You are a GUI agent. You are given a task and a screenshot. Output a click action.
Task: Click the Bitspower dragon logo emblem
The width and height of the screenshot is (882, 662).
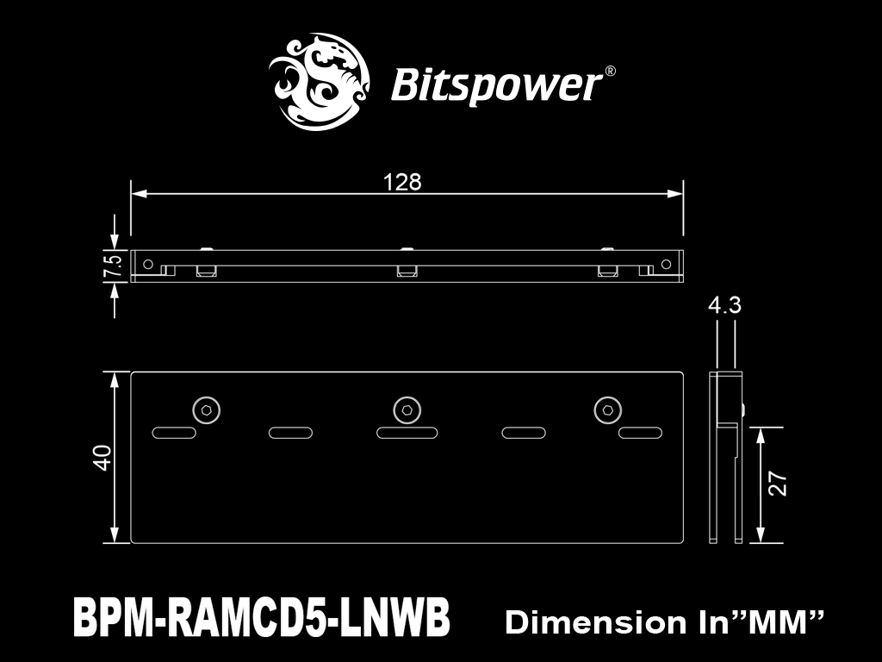320,82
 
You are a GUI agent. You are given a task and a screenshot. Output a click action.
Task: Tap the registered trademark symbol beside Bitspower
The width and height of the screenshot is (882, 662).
610,71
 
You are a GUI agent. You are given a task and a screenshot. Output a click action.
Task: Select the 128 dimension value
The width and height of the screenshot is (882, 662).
402,183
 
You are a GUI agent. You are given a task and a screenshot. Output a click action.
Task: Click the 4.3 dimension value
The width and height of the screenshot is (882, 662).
724,305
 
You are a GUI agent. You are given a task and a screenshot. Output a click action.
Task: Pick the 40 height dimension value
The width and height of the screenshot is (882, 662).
103,457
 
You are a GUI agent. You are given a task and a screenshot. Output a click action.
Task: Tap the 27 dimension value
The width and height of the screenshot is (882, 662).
778,484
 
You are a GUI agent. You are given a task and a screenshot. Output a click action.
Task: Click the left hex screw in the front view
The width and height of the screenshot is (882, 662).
207,409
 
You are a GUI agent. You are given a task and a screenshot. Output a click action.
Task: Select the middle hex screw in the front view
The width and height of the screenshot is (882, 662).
407,409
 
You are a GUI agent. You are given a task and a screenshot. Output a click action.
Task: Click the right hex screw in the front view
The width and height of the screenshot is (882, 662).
607,409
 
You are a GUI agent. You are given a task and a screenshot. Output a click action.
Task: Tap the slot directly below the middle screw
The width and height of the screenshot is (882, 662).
407,433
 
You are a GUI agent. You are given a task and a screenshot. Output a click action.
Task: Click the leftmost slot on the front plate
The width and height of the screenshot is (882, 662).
174,433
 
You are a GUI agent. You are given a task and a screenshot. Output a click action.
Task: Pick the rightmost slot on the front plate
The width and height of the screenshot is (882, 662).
640,433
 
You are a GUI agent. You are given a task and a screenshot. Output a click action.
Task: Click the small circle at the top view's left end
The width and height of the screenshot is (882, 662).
148,264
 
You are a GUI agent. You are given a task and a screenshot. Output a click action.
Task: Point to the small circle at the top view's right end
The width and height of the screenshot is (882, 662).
666,264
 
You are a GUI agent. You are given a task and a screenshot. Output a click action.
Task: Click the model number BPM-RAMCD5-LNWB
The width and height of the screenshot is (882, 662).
262,617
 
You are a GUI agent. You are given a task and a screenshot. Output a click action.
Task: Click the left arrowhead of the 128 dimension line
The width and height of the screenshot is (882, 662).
139,194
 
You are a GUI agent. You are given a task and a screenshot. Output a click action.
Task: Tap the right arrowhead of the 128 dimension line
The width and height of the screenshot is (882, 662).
675,194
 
